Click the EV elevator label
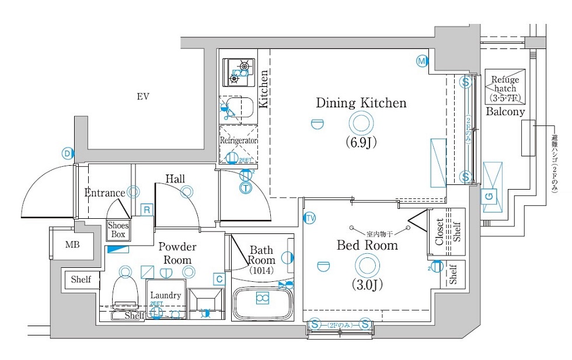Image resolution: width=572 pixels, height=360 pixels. (x=143, y=97)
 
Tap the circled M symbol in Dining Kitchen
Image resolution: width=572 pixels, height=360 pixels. (x=421, y=60)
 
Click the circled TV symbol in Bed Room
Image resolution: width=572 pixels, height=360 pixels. (x=310, y=218)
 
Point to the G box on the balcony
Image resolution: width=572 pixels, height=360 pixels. (x=489, y=197)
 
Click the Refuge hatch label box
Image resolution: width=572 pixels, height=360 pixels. (x=504, y=88)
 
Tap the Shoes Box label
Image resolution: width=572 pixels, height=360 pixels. (x=118, y=230)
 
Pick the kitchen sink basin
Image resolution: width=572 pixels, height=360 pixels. (x=239, y=109)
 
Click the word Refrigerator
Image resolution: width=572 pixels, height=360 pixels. (x=238, y=141)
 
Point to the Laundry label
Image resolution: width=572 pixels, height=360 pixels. (x=166, y=295)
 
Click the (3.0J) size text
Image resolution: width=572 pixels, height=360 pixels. (x=367, y=285)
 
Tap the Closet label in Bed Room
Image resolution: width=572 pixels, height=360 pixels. (x=440, y=232)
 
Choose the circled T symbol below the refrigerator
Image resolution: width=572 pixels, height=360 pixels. (x=246, y=187)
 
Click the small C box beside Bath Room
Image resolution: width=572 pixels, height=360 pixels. (x=218, y=279)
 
